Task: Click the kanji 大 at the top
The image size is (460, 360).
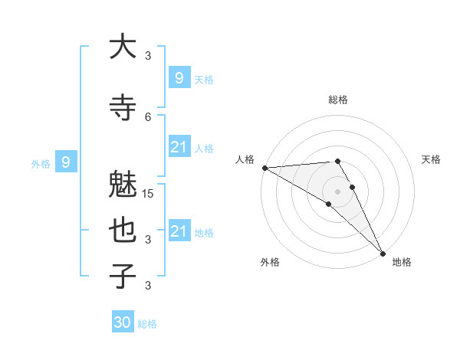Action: (x=123, y=47)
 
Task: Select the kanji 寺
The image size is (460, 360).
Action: (x=123, y=108)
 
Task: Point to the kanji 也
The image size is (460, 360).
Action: (x=123, y=231)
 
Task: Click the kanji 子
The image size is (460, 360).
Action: (x=123, y=276)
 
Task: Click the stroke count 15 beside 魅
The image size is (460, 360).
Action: (x=149, y=193)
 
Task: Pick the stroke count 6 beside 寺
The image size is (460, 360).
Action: (x=148, y=116)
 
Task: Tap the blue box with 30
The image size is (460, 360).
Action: (x=123, y=322)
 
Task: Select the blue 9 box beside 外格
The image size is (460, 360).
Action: (x=66, y=162)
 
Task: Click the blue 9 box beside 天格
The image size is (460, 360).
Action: (x=179, y=77)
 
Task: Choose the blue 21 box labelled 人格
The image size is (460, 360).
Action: (x=179, y=147)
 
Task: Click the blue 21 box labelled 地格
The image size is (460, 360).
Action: (x=179, y=231)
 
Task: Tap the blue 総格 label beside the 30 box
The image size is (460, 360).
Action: (x=147, y=324)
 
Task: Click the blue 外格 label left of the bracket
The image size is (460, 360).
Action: (x=40, y=163)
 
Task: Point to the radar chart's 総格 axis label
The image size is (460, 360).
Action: (x=337, y=100)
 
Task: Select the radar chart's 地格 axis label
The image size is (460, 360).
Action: (x=402, y=262)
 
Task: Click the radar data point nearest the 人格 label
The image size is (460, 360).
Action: (x=264, y=168)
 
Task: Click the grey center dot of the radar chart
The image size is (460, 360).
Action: (x=337, y=191)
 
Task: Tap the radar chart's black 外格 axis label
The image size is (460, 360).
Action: (x=270, y=262)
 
